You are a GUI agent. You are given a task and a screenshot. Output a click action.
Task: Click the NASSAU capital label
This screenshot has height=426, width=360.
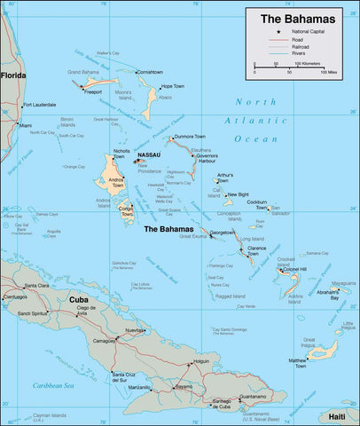[x=150, y=155]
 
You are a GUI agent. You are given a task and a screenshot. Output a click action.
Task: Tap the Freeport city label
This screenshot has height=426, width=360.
[x=91, y=91]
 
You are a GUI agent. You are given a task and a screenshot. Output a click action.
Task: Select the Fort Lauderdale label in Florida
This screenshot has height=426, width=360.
[x=40, y=105]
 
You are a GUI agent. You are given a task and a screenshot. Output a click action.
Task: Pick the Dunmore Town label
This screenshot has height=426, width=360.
[x=190, y=136]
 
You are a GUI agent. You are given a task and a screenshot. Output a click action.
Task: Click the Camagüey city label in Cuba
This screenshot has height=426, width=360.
[x=103, y=340]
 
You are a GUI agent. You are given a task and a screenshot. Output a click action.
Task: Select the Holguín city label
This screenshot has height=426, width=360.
[x=201, y=361]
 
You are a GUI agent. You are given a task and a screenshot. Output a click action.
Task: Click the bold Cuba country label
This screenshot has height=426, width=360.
[x=79, y=300]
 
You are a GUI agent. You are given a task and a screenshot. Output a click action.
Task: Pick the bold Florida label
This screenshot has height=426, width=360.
[x=13, y=75]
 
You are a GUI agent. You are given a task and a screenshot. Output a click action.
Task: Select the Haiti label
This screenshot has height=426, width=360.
[x=337, y=415]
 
